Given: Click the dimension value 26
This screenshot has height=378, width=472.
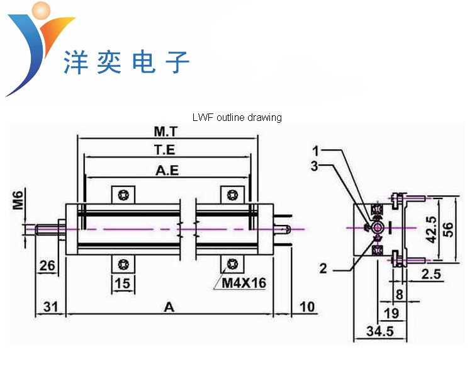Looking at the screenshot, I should click(47, 265).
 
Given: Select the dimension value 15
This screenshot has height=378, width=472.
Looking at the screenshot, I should click(123, 284).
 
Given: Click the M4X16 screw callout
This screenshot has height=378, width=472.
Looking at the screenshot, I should click(244, 283).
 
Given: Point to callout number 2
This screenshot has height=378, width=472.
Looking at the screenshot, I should click(323, 268).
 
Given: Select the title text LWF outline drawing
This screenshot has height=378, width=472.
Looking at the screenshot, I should click(237, 117).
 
